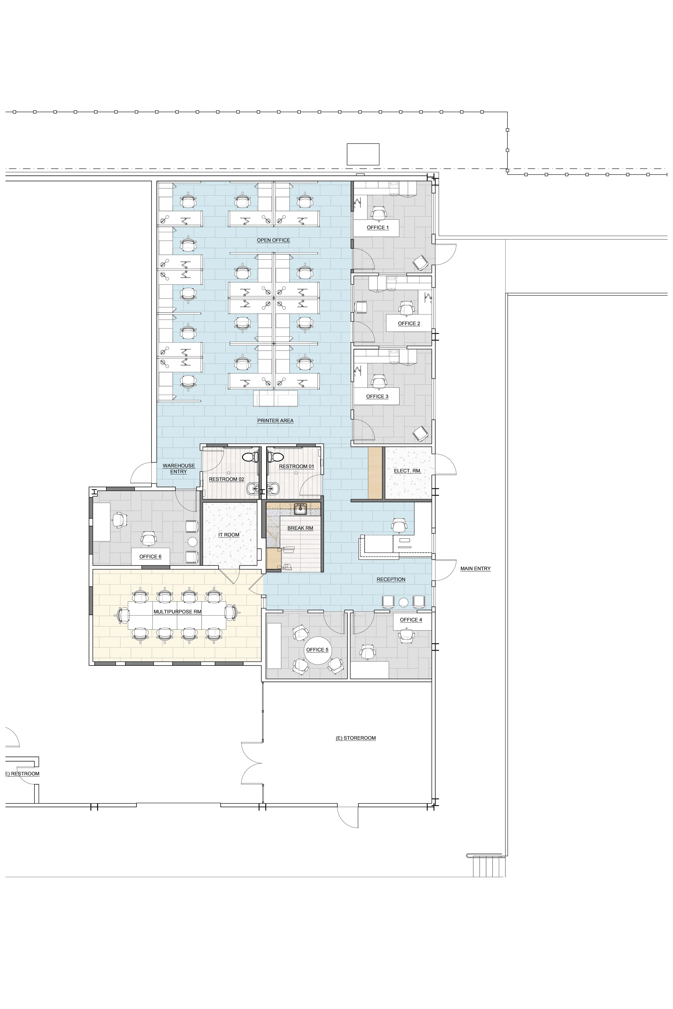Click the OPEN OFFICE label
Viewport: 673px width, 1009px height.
[x=274, y=240]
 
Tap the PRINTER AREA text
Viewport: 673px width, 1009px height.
[x=275, y=420]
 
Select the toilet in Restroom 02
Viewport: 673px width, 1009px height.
[x=250, y=457]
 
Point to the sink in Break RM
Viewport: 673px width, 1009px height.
[x=300, y=509]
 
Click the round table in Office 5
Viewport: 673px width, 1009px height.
[x=317, y=650]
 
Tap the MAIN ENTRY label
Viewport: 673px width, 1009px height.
[x=475, y=569]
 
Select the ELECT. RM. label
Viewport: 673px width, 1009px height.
[x=407, y=471]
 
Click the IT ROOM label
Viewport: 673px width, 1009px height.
[x=229, y=535]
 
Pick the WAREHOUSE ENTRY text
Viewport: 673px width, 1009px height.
[x=178, y=468]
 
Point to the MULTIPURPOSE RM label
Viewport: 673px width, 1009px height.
[x=177, y=611]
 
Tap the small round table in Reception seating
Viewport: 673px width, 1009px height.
[x=404, y=602]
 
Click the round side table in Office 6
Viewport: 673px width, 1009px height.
[x=192, y=541]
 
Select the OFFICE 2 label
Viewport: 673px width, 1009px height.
[x=409, y=323]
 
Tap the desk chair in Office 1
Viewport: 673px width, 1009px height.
[x=378, y=213]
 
